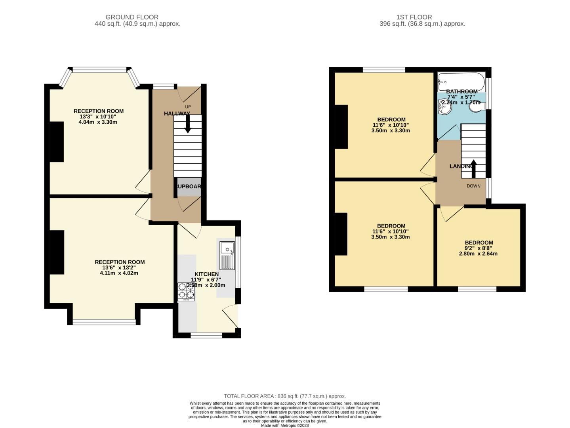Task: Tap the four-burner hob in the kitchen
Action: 186,292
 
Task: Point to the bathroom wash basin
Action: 444,107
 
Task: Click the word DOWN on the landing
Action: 473,186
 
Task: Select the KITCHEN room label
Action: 206,274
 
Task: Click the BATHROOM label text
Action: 462,92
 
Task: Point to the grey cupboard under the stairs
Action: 189,187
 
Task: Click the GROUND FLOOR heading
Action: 132,17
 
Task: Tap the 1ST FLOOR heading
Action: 414,17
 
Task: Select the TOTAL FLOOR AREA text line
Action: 285,396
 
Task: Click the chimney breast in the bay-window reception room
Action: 57,141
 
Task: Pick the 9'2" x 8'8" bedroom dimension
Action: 478,248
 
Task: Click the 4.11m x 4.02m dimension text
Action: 119,273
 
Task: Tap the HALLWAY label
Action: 177,114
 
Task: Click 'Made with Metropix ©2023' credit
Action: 285,426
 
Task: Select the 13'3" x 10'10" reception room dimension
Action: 98,117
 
